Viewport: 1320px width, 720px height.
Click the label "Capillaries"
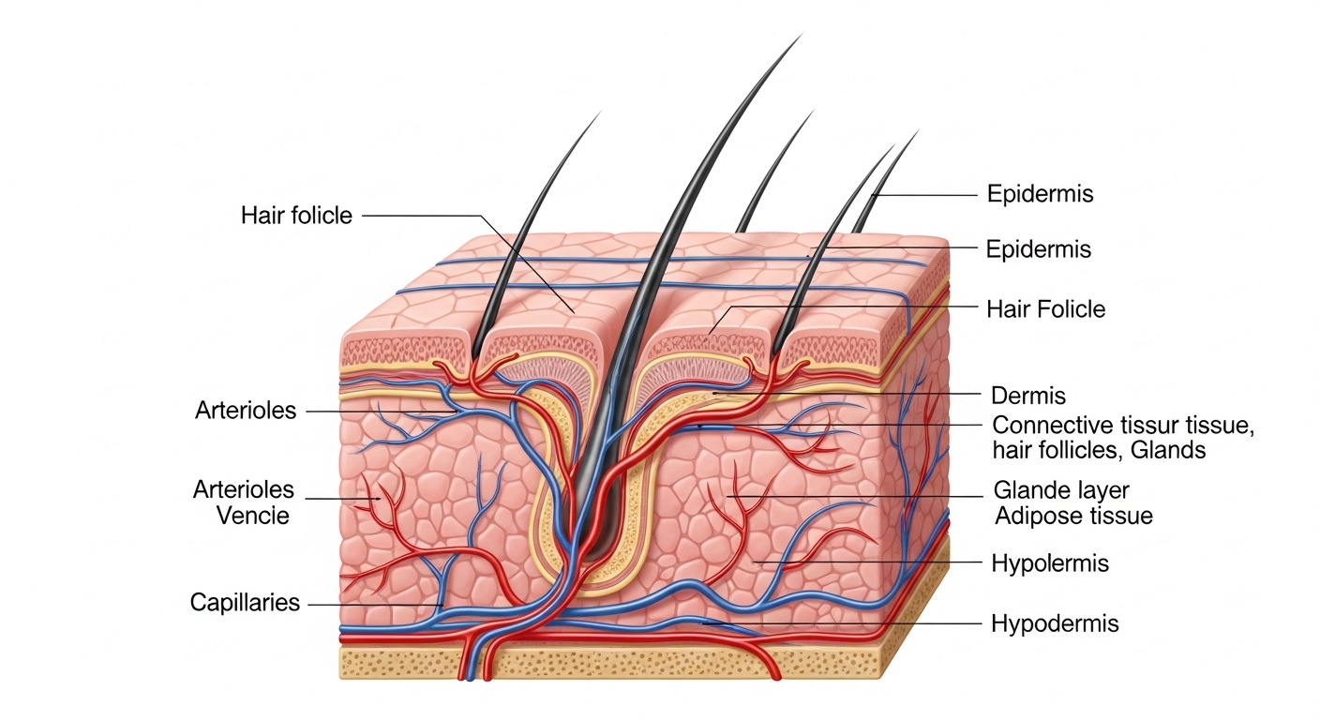tap(245, 603)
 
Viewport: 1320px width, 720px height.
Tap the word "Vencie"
tap(253, 516)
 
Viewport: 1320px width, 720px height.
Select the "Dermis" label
tap(1028, 396)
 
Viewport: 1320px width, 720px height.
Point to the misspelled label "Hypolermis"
tap(1050, 563)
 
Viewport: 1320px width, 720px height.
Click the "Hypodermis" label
tap(1055, 623)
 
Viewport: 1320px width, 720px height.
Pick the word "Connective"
tap(1039, 425)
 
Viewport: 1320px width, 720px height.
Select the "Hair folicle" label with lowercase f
tap(296, 216)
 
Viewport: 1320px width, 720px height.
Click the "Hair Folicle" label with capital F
tap(1046, 309)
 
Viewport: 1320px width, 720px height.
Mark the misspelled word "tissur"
tap(1117, 425)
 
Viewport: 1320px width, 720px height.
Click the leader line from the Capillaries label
tap(375, 605)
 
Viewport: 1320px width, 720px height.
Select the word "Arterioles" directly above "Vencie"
tap(244, 489)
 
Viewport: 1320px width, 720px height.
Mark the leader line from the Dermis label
tap(847, 394)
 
